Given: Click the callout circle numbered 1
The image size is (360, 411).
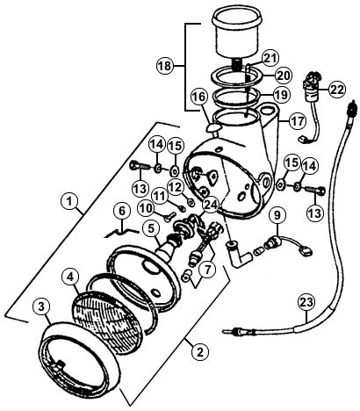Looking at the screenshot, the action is pyautogui.click(x=69, y=202).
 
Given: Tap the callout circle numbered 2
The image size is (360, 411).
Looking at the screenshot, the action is pyautogui.click(x=200, y=351).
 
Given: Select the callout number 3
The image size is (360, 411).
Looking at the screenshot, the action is pyautogui.click(x=42, y=306).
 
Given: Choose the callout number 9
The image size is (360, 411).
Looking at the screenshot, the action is pyautogui.click(x=277, y=215).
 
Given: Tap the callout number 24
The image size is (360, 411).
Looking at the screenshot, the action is pyautogui.click(x=211, y=205).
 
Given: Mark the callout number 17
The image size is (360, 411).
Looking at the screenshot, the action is pyautogui.click(x=298, y=120).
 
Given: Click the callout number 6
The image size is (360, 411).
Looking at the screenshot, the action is pyautogui.click(x=122, y=211).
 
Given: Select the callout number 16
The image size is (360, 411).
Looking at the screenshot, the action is pyautogui.click(x=200, y=97).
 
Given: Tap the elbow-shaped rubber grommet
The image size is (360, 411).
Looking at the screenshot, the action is pyautogui.click(x=238, y=254).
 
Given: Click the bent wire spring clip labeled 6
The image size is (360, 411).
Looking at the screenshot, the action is pyautogui.click(x=121, y=232).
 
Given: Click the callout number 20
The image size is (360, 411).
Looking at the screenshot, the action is pyautogui.click(x=283, y=76).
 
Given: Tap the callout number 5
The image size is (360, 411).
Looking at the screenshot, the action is pyautogui.click(x=151, y=229).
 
